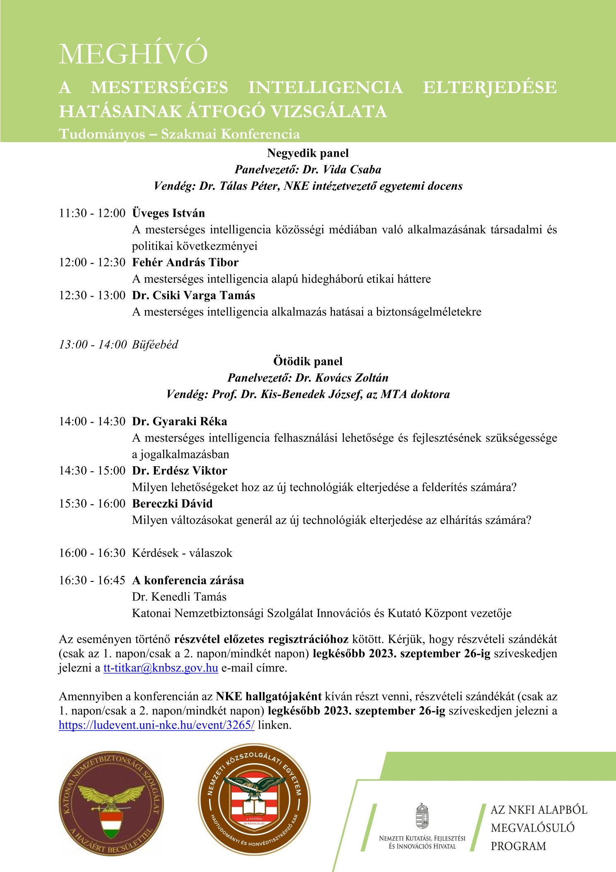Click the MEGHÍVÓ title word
click(133, 53)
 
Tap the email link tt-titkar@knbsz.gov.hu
click(161, 668)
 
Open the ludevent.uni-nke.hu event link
click(156, 725)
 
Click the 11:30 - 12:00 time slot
click(92, 213)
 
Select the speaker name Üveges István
click(168, 213)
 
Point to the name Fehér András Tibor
click(185, 262)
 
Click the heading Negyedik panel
click(308, 153)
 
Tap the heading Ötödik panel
click(308, 361)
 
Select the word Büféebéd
click(155, 344)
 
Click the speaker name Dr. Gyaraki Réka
click(180, 421)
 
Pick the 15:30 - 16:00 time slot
click(92, 504)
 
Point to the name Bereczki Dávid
click(172, 504)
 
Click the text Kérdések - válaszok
click(182, 553)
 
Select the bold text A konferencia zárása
click(188, 580)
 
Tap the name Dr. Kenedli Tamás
click(179, 597)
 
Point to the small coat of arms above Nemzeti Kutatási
click(422, 816)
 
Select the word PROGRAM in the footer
click(518, 846)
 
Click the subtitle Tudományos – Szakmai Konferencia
click(179, 134)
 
